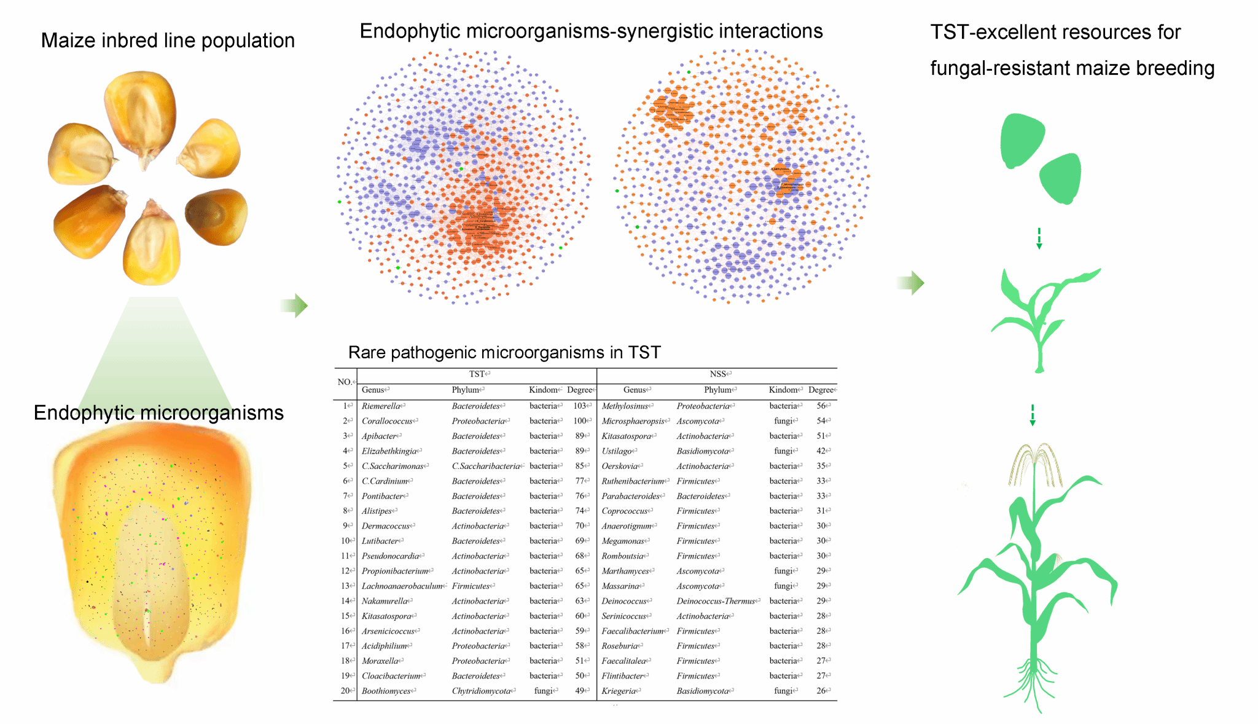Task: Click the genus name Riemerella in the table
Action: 380,406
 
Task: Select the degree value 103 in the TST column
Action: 579,406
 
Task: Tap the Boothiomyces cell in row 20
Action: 386,691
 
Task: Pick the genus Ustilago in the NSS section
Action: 617,451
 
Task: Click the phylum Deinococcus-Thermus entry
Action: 716,601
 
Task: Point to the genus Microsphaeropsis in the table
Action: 633,421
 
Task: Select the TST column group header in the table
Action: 477,374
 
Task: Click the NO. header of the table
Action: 345,382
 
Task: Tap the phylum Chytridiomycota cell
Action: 481,691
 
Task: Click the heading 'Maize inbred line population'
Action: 168,41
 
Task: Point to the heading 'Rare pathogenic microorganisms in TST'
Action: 504,352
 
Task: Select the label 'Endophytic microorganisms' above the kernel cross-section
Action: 158,412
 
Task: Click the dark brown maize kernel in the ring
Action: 216,217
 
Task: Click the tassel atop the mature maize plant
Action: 1034,465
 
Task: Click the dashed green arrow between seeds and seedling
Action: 1039,238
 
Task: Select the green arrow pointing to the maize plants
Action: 910,283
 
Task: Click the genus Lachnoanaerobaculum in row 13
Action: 402,586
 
